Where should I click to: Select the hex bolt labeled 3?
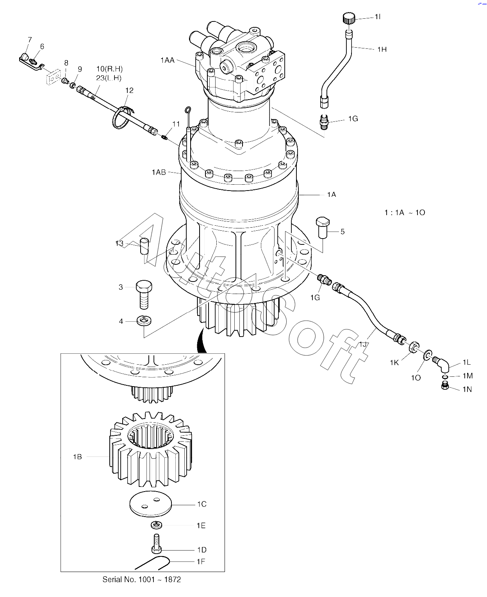click(144, 295)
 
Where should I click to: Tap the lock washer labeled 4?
click(144, 321)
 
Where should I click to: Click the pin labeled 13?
click(144, 246)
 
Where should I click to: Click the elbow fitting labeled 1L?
click(441, 365)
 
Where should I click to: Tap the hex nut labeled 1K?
click(414, 347)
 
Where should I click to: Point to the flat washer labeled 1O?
click(428, 355)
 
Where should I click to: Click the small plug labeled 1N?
click(445, 385)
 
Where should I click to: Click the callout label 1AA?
click(167, 60)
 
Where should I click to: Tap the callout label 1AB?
click(159, 172)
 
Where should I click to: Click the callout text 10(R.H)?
click(110, 69)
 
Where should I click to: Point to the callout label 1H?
click(382, 50)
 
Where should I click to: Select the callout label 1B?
click(77, 456)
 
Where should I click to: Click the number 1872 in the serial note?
click(173, 579)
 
